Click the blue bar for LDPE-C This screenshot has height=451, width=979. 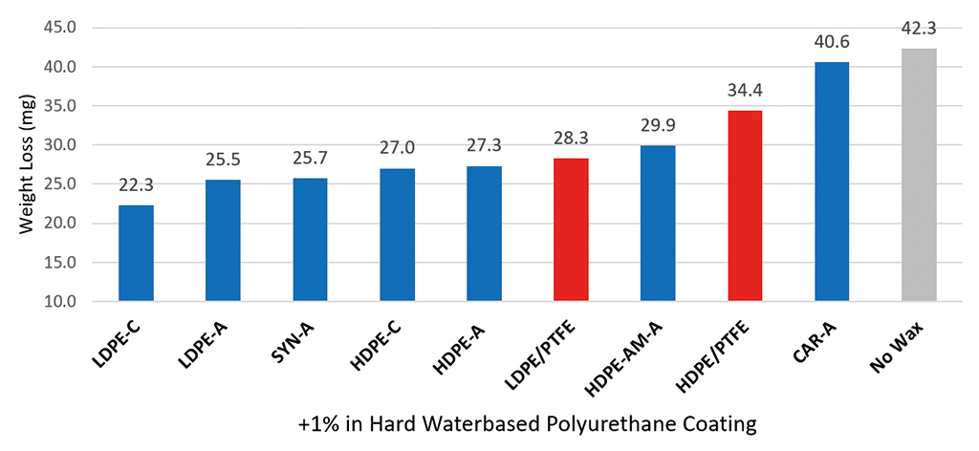coord(136,253)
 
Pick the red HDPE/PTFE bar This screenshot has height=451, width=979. coord(745,205)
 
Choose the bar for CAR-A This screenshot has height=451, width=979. coord(832,182)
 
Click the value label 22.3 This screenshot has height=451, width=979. coord(136,185)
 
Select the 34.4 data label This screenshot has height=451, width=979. coord(745,91)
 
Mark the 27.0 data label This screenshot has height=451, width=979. coord(397,149)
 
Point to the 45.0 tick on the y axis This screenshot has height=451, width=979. coord(61,28)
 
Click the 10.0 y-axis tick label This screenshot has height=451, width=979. coord(61,302)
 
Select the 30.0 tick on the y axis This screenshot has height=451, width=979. coord(61,145)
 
